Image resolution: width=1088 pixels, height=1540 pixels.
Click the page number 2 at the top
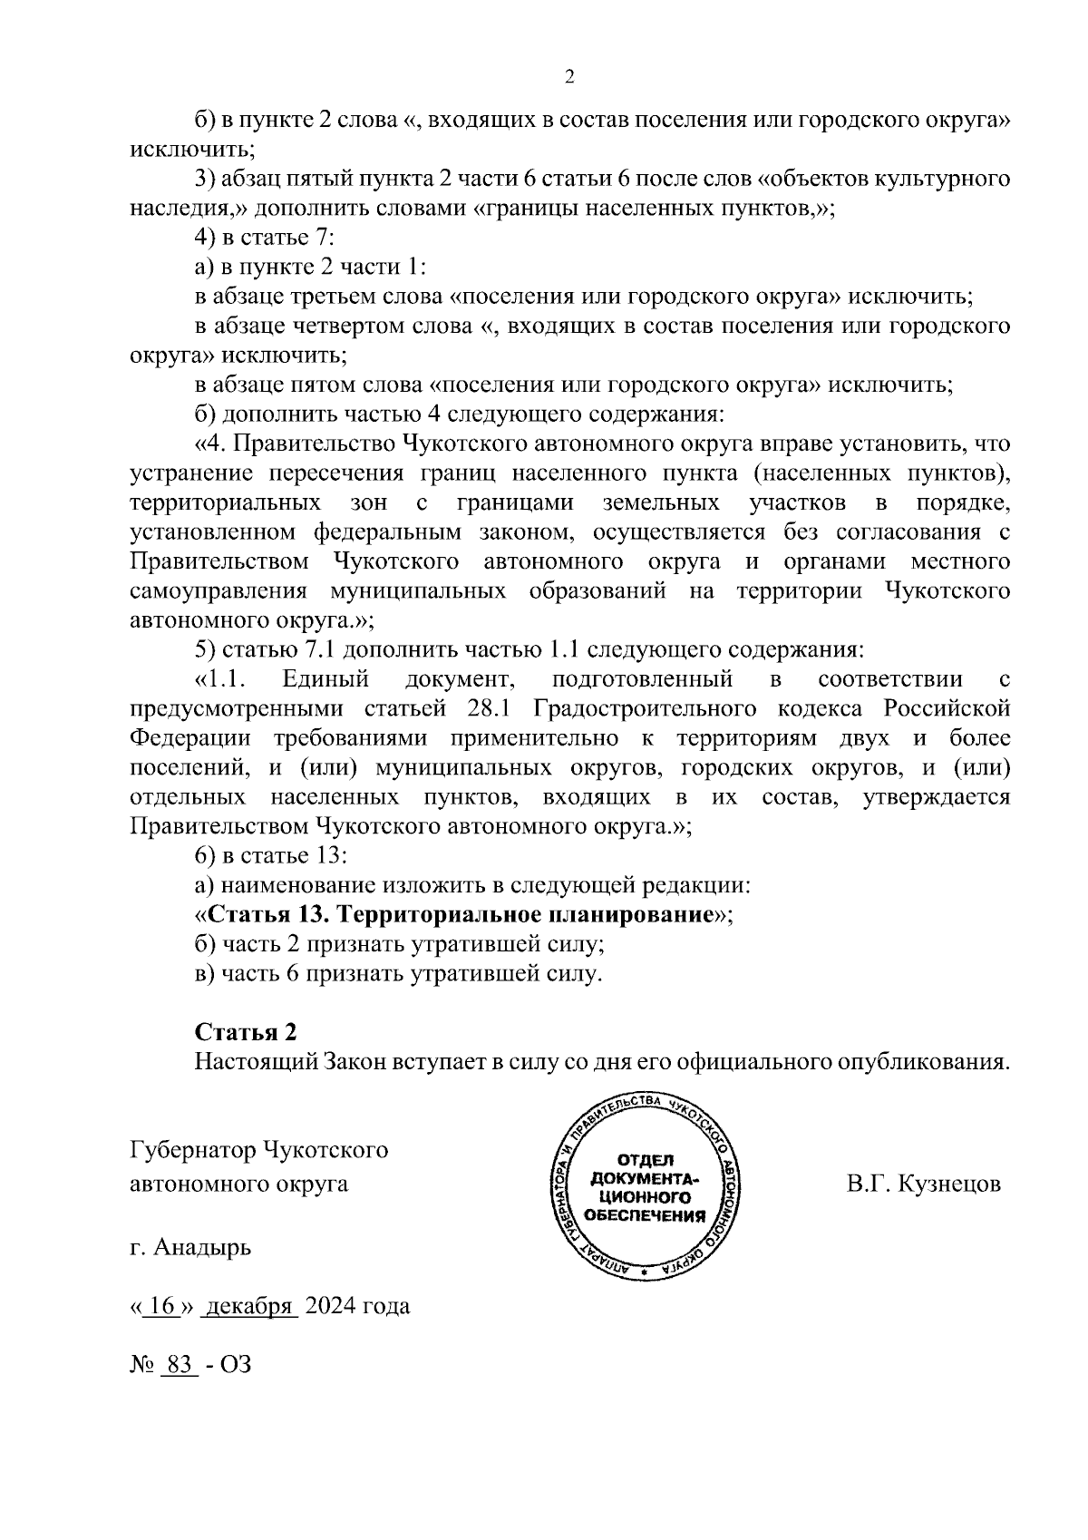click(x=568, y=77)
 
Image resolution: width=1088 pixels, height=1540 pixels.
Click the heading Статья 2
click(x=246, y=1032)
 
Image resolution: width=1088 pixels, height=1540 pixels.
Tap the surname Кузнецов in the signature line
click(x=949, y=1184)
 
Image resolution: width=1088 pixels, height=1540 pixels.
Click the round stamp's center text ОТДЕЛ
click(x=646, y=1161)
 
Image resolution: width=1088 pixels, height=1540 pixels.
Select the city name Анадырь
click(x=203, y=1247)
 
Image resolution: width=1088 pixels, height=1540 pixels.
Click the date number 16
click(x=163, y=1306)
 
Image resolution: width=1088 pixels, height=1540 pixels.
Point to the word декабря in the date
click(x=249, y=1306)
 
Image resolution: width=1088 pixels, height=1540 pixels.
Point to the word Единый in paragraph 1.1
click(x=325, y=678)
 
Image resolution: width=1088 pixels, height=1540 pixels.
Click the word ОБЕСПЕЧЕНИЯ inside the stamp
click(x=646, y=1216)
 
